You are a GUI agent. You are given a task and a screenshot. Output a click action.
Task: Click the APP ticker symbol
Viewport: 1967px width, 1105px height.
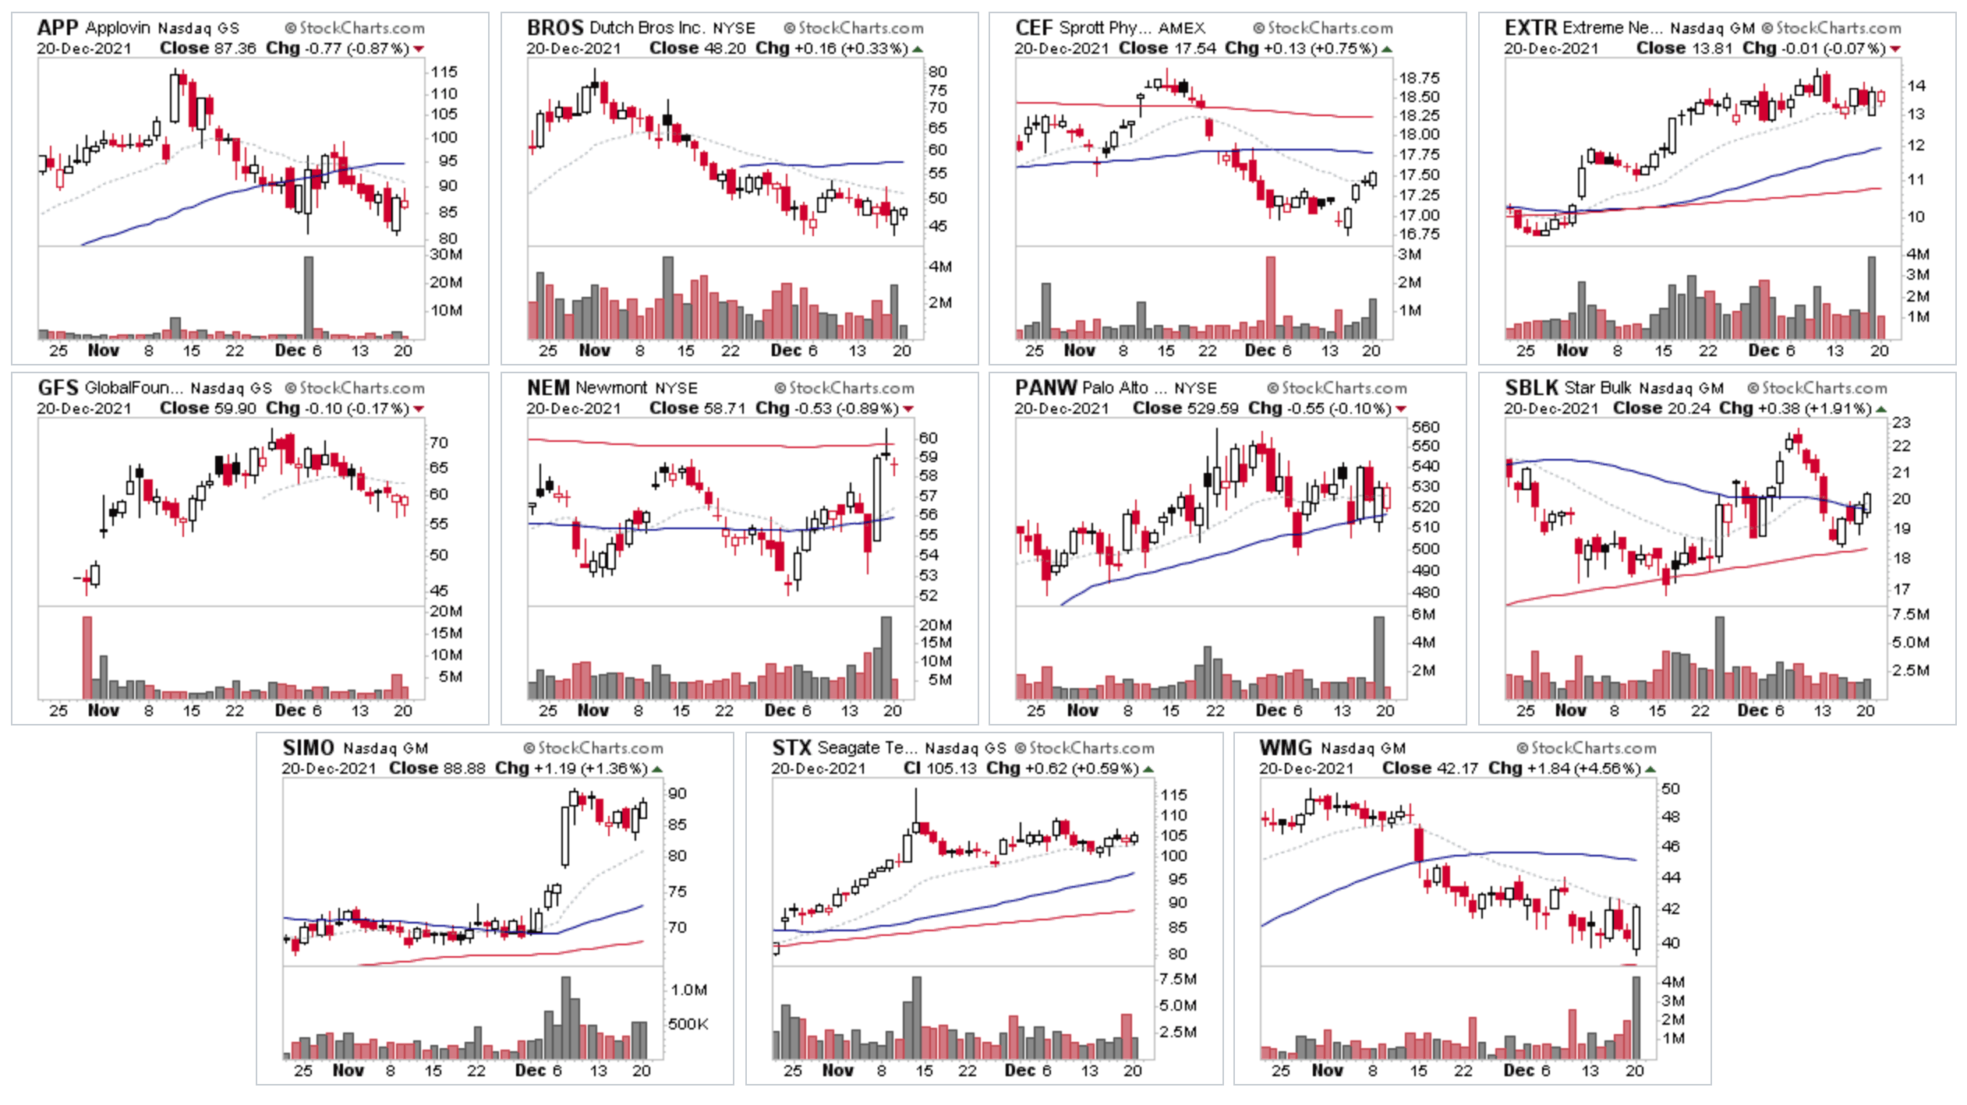[58, 28]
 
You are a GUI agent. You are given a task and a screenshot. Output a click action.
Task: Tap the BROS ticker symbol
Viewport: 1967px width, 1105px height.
[554, 28]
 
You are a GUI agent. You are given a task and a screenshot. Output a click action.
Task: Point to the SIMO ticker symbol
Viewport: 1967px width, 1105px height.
[308, 748]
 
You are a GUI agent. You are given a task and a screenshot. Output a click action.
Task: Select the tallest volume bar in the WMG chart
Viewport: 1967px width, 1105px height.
[1636, 1016]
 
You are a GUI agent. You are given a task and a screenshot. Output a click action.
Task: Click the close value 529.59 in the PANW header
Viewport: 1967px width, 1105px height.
[1212, 408]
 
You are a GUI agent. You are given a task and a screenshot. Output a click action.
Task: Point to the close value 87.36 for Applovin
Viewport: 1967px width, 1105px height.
[235, 48]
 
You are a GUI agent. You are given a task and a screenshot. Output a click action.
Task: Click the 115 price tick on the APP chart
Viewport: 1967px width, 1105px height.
[444, 72]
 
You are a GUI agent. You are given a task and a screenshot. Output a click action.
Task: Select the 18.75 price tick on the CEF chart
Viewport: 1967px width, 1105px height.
[1419, 78]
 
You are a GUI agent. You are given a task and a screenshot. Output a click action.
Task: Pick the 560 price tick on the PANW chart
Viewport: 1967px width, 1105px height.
[1425, 427]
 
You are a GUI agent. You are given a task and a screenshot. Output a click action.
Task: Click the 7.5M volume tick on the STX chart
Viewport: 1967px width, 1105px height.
[1177, 980]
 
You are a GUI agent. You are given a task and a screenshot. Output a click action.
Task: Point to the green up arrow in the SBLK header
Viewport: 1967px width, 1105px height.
[1881, 409]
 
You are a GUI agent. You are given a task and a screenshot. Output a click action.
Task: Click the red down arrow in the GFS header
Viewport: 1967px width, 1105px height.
[419, 409]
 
